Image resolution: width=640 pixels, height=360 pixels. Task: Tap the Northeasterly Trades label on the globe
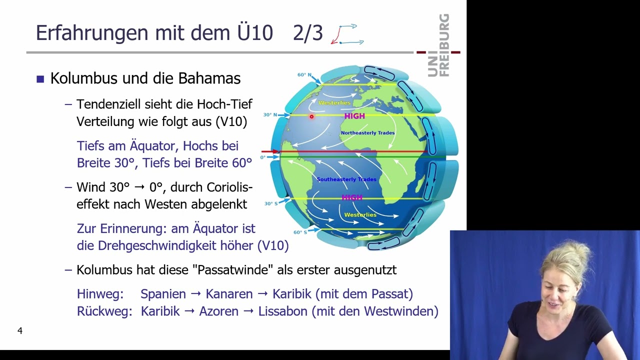(x=367, y=133)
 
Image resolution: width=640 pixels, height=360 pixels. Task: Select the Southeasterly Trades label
(x=346, y=179)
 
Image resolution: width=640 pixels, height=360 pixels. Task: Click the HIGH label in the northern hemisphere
(x=354, y=116)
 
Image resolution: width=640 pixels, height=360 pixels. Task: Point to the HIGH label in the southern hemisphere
(x=352, y=197)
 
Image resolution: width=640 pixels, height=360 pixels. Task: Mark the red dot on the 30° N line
(x=311, y=116)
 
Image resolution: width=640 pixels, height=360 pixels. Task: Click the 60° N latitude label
(x=304, y=75)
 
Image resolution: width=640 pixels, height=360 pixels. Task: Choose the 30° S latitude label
(x=271, y=203)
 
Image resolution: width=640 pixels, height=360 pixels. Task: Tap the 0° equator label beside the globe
(x=263, y=157)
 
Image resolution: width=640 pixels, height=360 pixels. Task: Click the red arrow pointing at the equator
(x=270, y=151)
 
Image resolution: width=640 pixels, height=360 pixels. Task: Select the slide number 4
(x=20, y=330)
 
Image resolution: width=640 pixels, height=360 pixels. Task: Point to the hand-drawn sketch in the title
(x=347, y=34)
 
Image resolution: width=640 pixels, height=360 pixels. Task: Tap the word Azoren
(x=218, y=311)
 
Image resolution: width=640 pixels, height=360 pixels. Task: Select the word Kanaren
(x=229, y=294)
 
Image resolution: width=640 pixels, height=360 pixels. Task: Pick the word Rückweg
(x=104, y=311)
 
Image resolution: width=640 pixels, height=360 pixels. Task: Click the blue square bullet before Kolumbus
(x=40, y=79)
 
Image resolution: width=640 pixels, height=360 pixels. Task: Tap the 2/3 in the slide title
(x=308, y=33)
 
